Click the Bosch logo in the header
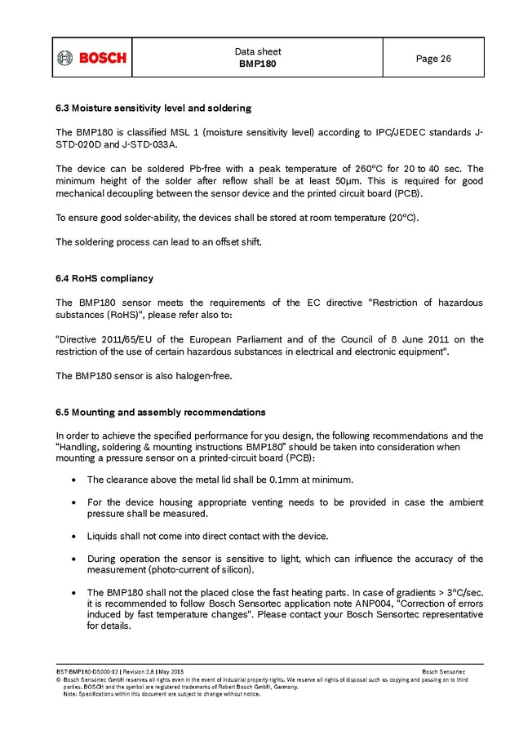pyautogui.click(x=91, y=58)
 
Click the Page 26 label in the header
pyautogui.click(x=433, y=59)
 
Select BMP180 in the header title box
pyautogui.click(x=257, y=64)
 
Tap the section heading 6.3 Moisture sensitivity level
pyautogui.click(x=153, y=108)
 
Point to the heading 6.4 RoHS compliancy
pyautogui.click(x=104, y=279)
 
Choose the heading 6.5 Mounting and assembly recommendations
pyautogui.click(x=160, y=412)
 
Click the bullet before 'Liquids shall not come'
pyautogui.click(x=75, y=536)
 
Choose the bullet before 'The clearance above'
pyautogui.click(x=75, y=480)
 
